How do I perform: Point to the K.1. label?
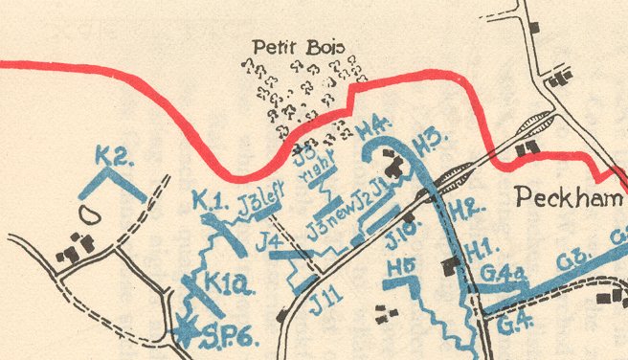pyautogui.click(x=207, y=200)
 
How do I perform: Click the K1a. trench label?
pyautogui.click(x=229, y=284)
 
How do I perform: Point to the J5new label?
pyautogui.click(x=328, y=230)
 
